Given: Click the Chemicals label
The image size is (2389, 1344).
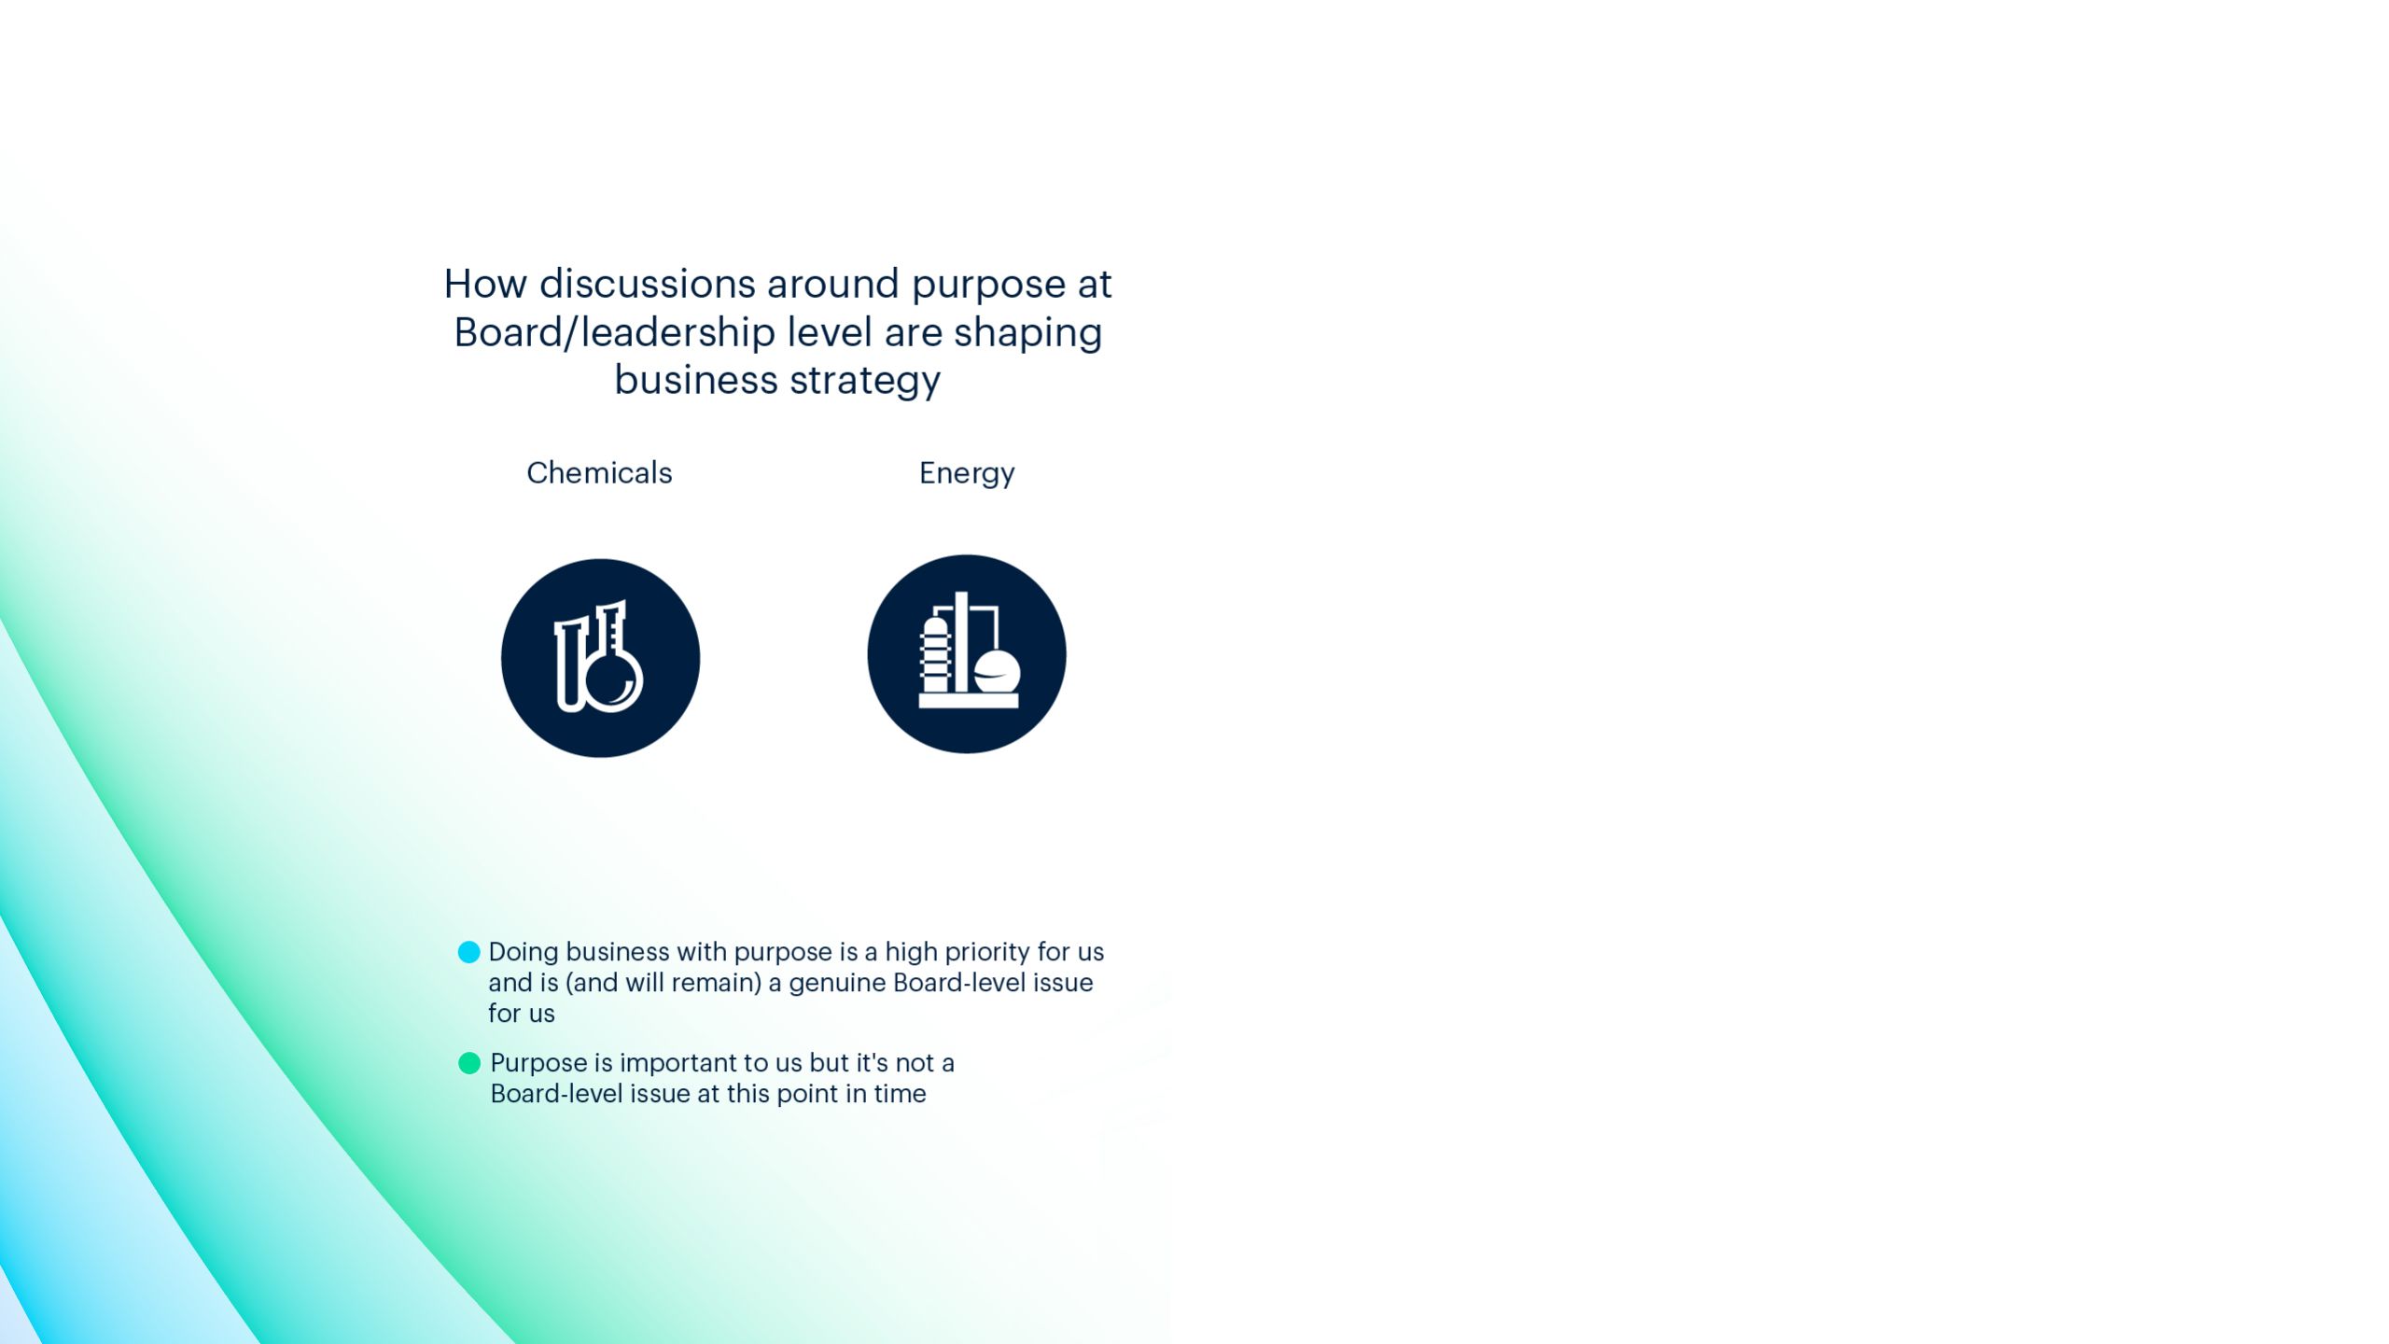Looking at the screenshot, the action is coord(599,472).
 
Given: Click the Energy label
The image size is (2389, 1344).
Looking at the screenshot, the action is coord(967,474).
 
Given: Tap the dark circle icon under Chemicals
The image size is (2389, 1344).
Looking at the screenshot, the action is coord(600,658).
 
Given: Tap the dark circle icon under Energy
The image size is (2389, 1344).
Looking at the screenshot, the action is coord(967,654).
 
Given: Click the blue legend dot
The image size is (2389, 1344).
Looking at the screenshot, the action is coord(469,952).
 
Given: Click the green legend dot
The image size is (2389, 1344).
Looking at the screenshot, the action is coord(469,1063).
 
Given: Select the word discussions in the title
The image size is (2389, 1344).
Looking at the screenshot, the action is coord(648,284).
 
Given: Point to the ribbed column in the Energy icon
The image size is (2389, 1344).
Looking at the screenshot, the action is coord(935,654).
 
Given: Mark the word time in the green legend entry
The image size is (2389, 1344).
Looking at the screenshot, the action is coord(900,1094).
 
